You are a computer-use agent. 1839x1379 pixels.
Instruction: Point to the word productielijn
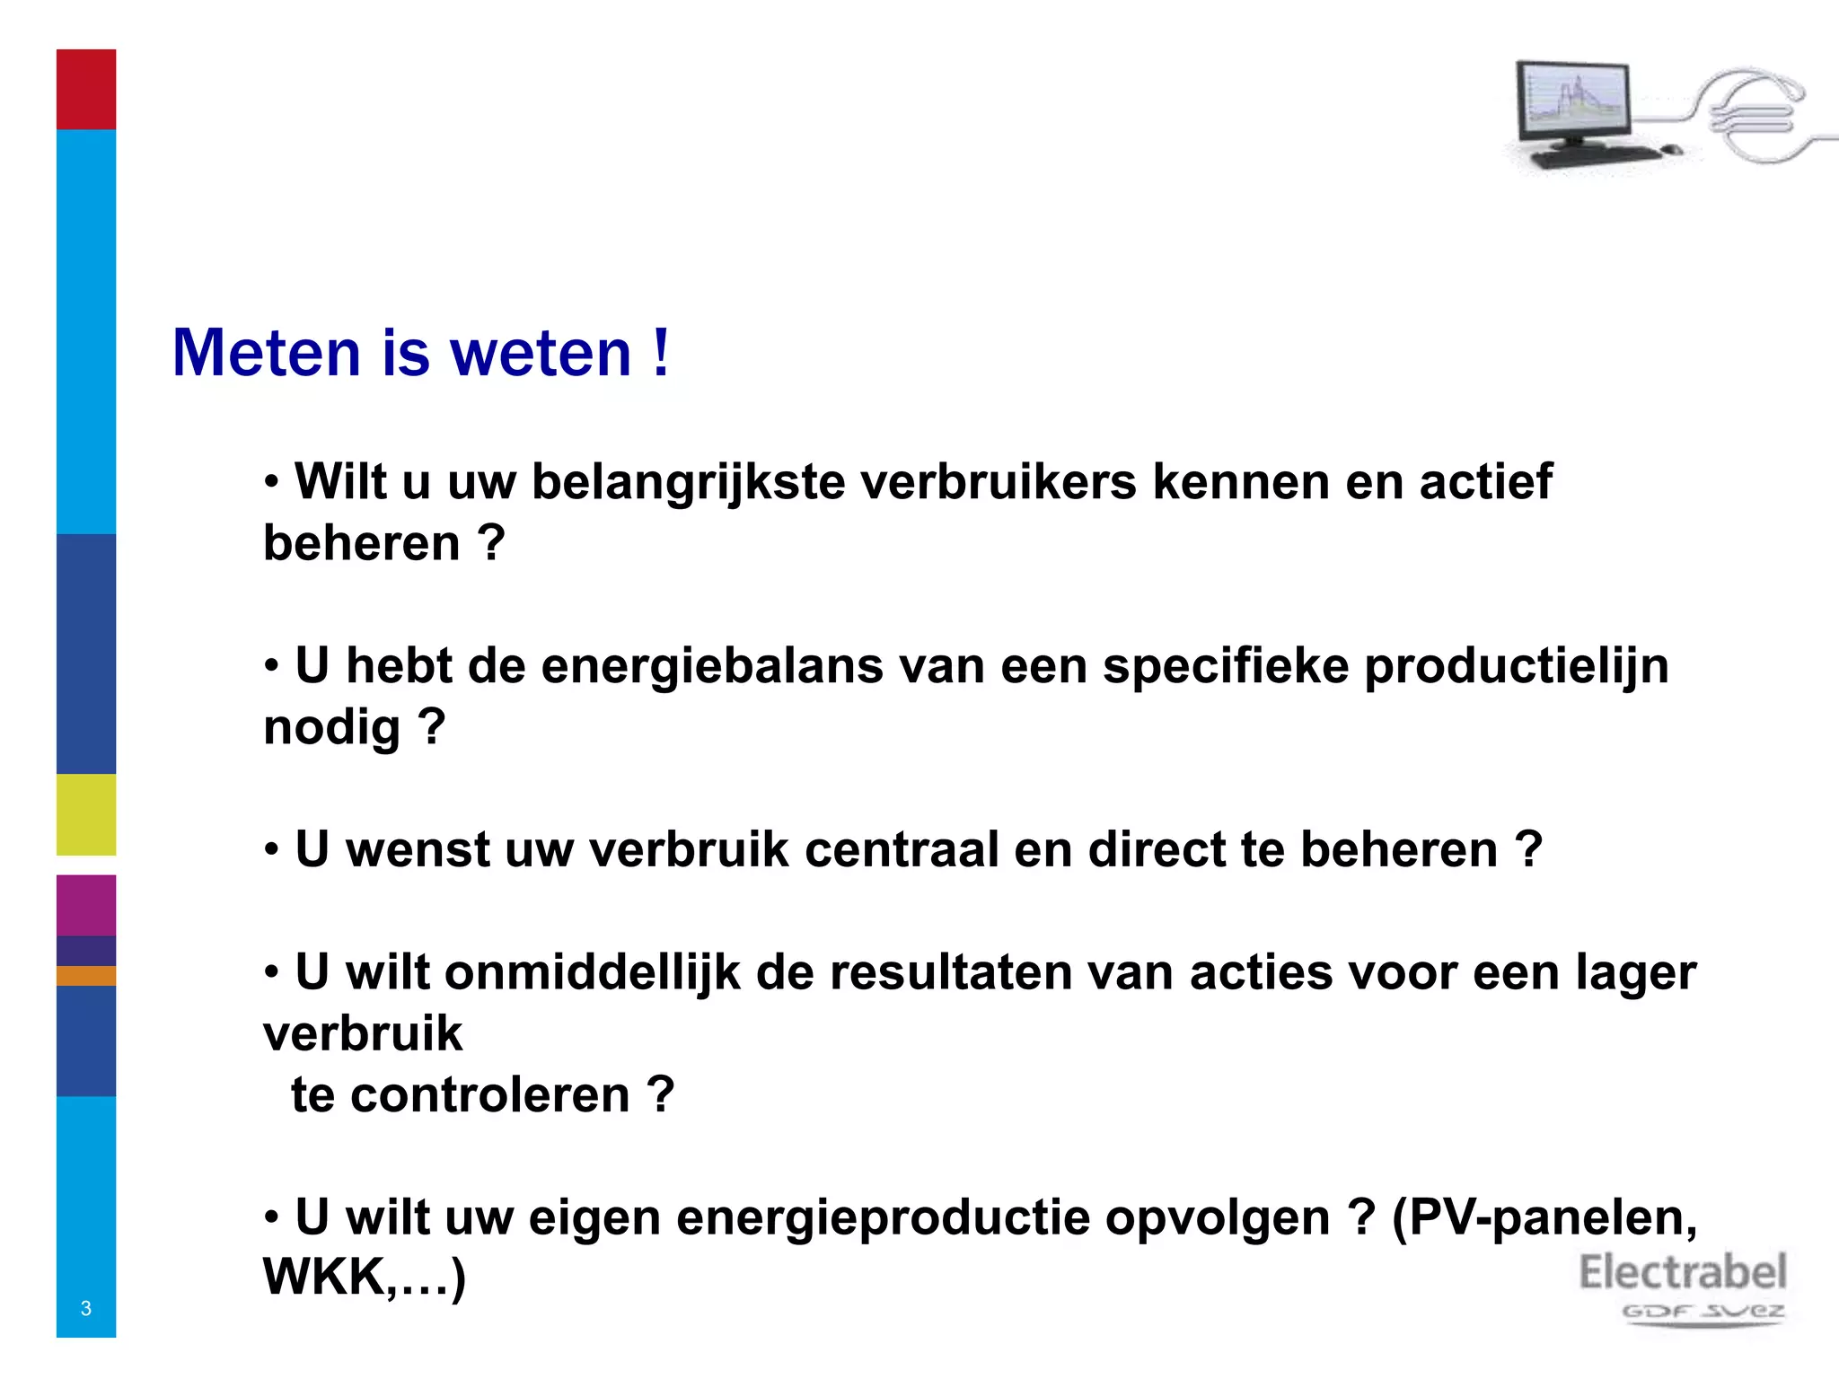tap(1517, 666)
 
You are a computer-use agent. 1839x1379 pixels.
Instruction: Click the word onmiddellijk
tap(593, 972)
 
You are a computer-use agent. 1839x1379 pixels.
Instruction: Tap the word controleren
tap(490, 1095)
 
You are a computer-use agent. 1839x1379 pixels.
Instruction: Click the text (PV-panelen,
tap(1544, 1218)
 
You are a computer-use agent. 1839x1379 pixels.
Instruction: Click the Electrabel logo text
tap(1683, 1273)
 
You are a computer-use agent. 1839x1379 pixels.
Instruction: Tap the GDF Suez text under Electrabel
tap(1703, 1312)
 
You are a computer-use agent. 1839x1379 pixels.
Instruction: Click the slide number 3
tap(86, 1308)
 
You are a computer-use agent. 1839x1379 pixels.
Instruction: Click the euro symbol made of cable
tap(1751, 115)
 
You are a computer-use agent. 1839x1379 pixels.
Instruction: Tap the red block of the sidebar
tap(86, 89)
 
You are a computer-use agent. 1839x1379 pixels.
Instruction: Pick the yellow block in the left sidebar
tap(86, 814)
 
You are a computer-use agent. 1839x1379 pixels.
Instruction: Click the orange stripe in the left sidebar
tap(86, 976)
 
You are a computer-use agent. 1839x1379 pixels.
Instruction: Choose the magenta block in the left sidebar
tap(86, 905)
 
